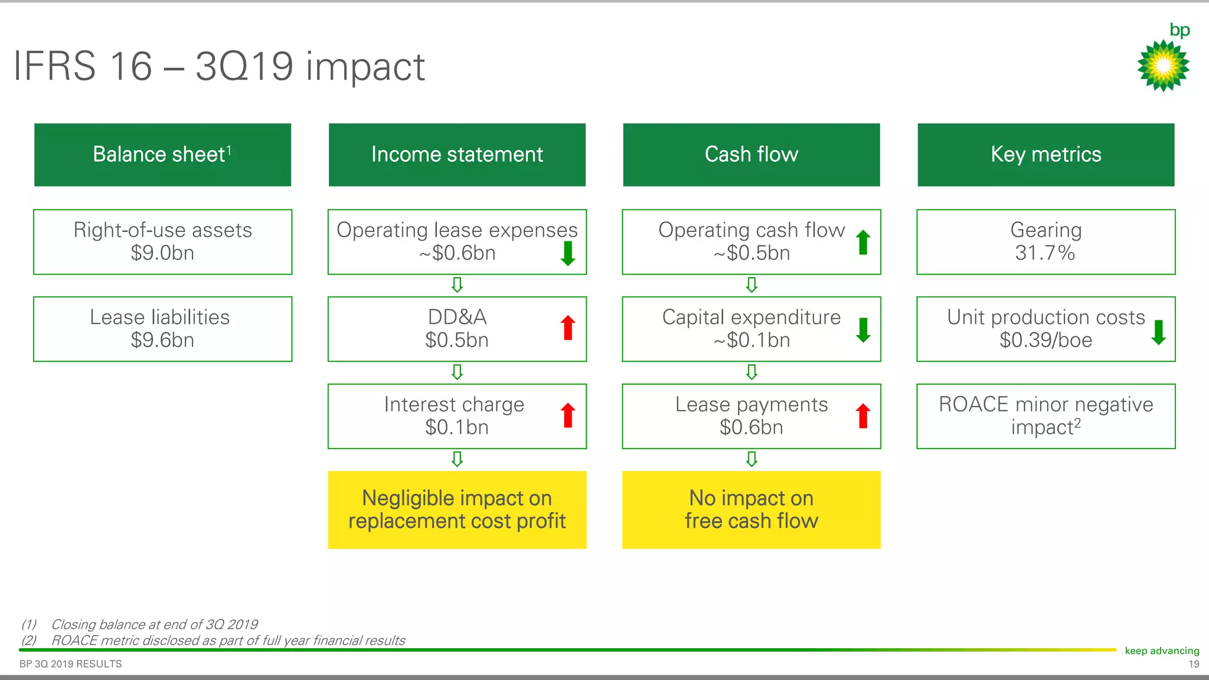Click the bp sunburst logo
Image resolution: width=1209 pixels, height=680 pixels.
coord(1163,65)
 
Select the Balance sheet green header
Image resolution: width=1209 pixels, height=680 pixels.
coord(162,155)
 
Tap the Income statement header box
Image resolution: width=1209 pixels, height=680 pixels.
coord(457,155)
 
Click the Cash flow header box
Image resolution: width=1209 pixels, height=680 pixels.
coord(751,155)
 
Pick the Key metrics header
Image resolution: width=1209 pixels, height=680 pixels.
coord(1045,155)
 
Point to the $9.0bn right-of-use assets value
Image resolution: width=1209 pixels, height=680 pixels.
coord(162,253)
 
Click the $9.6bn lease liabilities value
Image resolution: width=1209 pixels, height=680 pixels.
coord(162,341)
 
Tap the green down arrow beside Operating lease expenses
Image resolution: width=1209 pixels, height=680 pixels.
coord(568,253)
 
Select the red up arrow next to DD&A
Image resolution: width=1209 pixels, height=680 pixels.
coord(568,328)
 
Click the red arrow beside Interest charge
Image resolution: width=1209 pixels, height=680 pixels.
coord(568,415)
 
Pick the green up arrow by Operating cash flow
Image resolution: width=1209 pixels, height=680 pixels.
coord(863,242)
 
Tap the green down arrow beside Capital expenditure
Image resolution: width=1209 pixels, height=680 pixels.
coord(863,330)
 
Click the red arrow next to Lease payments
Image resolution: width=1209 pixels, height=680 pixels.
coord(863,416)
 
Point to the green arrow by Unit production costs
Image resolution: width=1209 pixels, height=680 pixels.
coord(1158,332)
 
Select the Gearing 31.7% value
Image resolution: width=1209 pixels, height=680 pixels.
coord(1045,253)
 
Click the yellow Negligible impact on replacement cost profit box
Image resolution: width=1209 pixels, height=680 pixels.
coord(457,509)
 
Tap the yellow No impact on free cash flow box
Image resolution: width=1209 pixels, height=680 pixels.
coord(751,509)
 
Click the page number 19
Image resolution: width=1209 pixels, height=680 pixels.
coord(1194,664)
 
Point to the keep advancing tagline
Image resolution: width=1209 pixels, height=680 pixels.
coord(1162,650)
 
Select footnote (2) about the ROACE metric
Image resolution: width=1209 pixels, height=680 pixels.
coord(227,640)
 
